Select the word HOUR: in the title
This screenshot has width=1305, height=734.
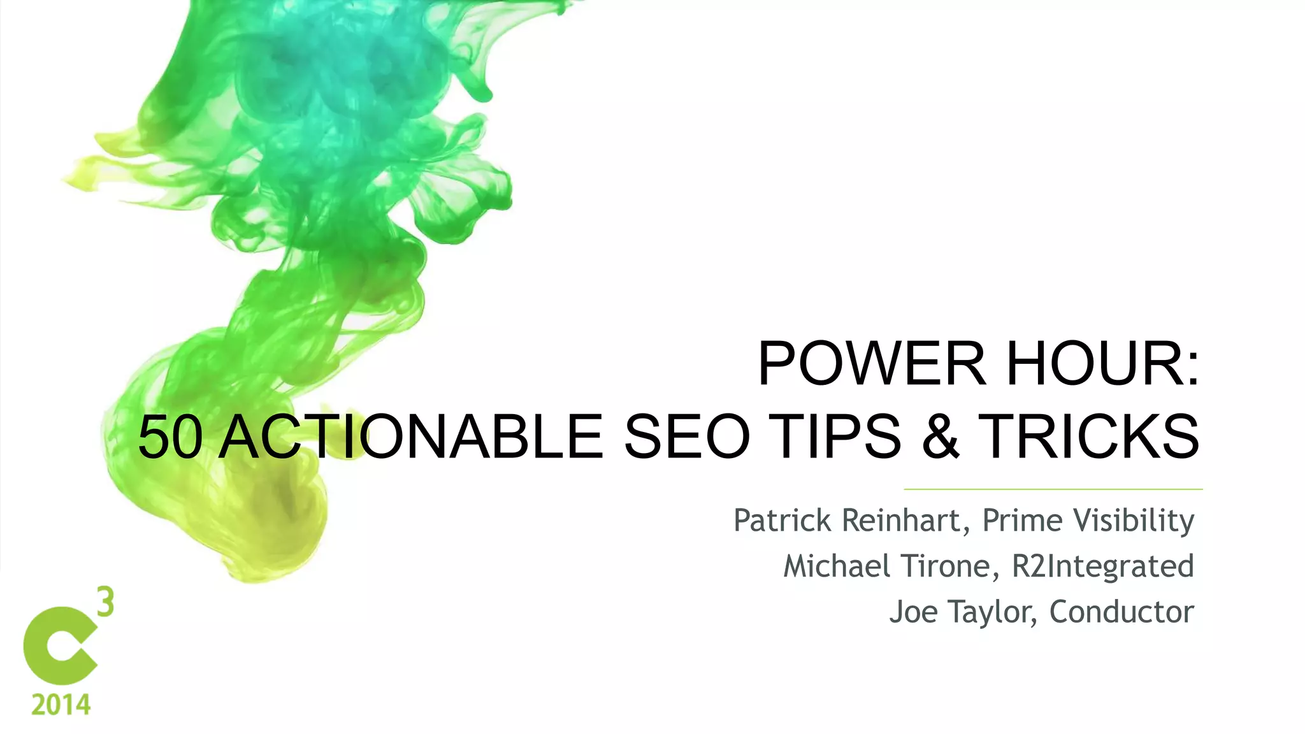point(1102,364)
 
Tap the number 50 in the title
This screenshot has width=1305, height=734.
point(171,437)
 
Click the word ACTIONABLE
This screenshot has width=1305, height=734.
point(410,437)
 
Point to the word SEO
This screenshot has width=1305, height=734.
point(687,437)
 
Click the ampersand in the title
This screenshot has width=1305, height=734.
point(941,437)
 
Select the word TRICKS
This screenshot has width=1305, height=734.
point(1088,437)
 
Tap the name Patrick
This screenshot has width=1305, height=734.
point(782,521)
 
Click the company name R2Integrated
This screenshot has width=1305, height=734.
point(1102,566)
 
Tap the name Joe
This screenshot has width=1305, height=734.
point(912,612)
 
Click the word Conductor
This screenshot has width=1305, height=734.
point(1121,612)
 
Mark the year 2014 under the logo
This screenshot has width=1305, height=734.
point(61,705)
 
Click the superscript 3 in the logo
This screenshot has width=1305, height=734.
point(106,602)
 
